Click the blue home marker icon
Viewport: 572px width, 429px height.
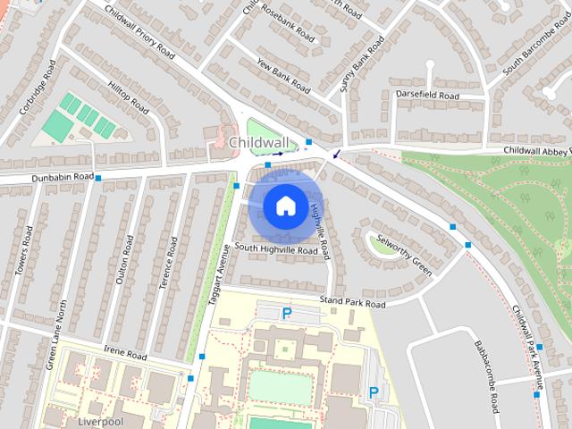tap(284, 206)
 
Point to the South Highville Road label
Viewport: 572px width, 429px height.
tap(276, 250)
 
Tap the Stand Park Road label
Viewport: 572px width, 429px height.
tap(352, 304)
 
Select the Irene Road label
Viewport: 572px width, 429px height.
tap(124, 355)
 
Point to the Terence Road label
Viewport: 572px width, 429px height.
tap(167, 262)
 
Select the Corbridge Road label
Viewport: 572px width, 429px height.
tap(38, 88)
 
